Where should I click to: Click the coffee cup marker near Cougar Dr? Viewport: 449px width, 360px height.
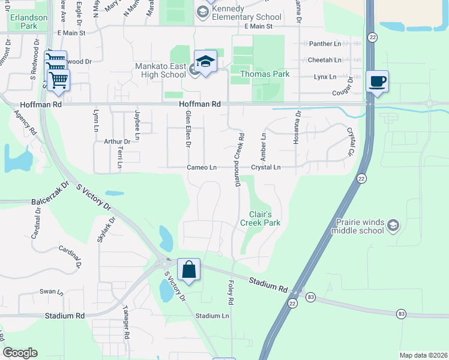tap(377, 82)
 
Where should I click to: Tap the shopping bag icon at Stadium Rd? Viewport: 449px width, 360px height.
tap(188, 271)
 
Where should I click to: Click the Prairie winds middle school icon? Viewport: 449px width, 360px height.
tap(393, 225)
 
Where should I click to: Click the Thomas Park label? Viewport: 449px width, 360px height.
tap(265, 74)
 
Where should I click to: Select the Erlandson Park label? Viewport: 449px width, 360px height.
tap(28, 22)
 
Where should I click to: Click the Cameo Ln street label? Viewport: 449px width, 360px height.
tap(202, 167)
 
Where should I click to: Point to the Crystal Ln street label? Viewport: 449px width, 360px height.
tap(266, 167)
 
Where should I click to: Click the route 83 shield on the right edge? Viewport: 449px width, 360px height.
tap(401, 314)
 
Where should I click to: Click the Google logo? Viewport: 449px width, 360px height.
tap(20, 353)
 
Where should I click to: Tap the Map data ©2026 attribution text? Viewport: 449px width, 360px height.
tap(423, 355)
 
